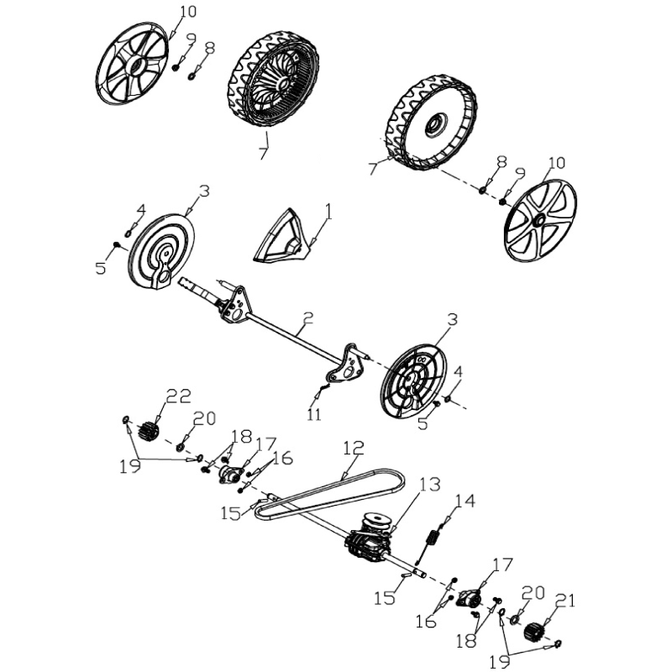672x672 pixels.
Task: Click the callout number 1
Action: (328, 212)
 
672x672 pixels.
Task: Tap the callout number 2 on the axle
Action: (308, 318)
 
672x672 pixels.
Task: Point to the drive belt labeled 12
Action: (330, 494)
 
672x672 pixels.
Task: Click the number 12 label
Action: (354, 448)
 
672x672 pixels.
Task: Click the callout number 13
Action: (429, 485)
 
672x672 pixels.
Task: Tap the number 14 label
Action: (465, 501)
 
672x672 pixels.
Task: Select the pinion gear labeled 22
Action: (149, 430)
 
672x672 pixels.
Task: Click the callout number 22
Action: (178, 396)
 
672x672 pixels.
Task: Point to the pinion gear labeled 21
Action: (534, 631)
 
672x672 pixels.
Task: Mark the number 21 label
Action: (564, 601)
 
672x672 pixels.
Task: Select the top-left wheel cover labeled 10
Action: (132, 64)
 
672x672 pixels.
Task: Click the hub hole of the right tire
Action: (436, 124)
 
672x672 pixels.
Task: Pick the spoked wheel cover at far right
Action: (540, 221)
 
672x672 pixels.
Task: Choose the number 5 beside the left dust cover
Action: (101, 268)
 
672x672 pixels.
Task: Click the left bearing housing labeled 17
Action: (231, 475)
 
